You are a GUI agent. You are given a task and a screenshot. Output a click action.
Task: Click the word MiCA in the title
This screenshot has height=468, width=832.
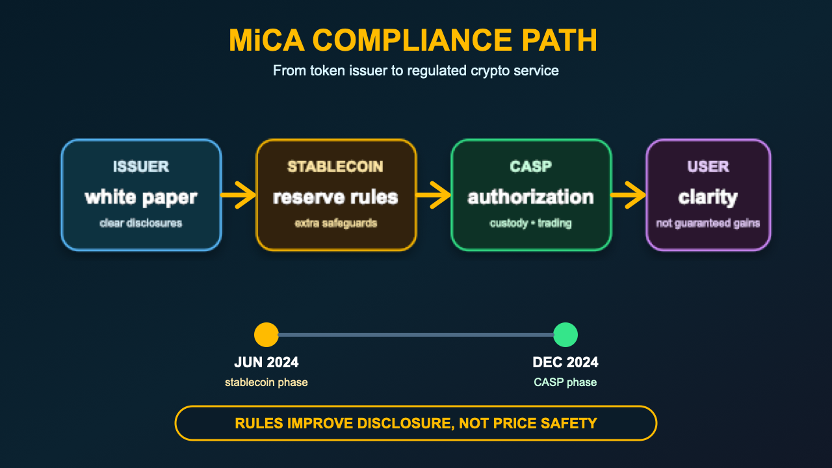pyautogui.click(x=266, y=40)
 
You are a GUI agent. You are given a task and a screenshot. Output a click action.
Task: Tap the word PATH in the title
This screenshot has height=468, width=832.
pyautogui.click(x=560, y=40)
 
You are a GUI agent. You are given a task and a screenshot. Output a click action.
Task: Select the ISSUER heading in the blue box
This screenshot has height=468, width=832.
pyautogui.click(x=141, y=167)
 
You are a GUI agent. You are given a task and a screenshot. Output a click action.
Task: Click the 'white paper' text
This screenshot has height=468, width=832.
pyautogui.click(x=141, y=197)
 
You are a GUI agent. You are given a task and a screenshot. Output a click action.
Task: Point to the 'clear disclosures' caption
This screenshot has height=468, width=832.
pyautogui.click(x=141, y=223)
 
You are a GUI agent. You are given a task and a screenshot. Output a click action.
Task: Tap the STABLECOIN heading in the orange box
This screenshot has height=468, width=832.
pyautogui.click(x=335, y=167)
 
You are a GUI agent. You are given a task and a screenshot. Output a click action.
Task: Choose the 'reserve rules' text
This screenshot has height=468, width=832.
pyautogui.click(x=335, y=197)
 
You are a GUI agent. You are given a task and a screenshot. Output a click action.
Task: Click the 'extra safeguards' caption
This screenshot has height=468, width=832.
pyautogui.click(x=336, y=223)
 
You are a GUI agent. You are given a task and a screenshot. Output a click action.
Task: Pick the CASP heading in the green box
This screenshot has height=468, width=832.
pyautogui.click(x=531, y=167)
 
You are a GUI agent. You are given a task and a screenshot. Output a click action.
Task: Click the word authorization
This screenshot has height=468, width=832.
pyautogui.click(x=531, y=197)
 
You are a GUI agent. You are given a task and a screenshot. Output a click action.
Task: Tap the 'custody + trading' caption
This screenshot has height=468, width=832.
pyautogui.click(x=531, y=223)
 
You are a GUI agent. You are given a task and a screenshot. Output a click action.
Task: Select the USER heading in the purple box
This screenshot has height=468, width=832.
pyautogui.click(x=708, y=167)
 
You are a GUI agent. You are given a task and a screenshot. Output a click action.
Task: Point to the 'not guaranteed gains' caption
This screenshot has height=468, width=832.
pyautogui.click(x=708, y=223)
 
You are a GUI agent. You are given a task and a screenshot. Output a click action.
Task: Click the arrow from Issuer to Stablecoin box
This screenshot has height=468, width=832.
pyautogui.click(x=238, y=195)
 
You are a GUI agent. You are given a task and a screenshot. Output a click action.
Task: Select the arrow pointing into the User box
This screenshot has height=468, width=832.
pyautogui.click(x=628, y=195)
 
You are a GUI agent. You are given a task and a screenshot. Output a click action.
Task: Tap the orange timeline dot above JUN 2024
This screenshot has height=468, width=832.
pyautogui.click(x=266, y=335)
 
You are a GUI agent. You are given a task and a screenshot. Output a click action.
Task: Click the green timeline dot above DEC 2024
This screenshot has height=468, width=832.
pyautogui.click(x=565, y=335)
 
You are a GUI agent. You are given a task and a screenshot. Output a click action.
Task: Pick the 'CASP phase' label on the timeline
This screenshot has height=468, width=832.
pyautogui.click(x=565, y=382)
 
